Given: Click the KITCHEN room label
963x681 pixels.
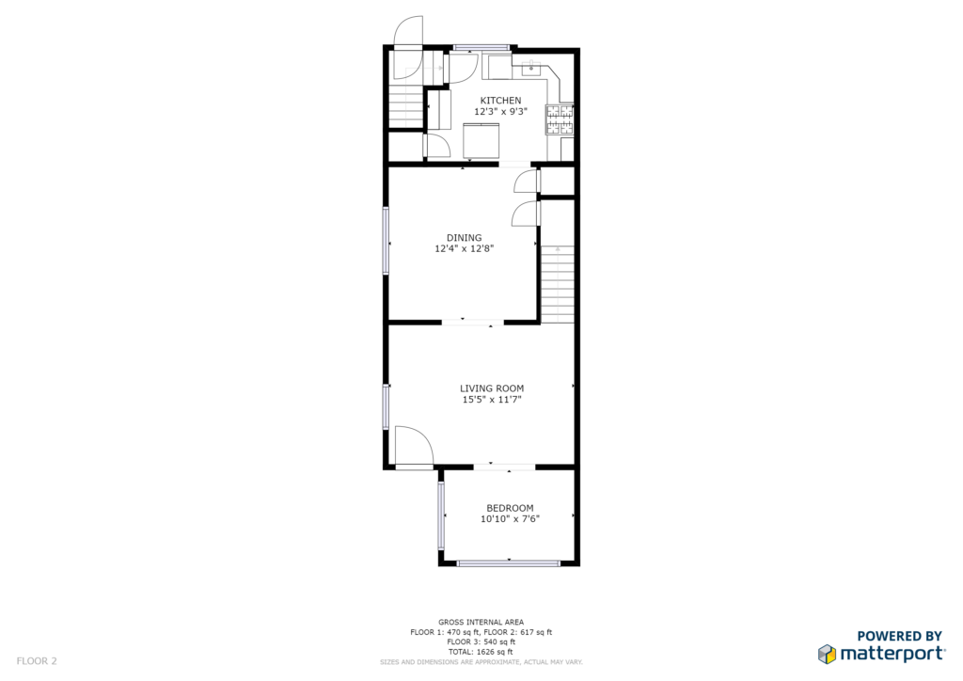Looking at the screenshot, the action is pos(500,100).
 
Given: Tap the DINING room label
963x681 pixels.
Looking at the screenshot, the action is pos(465,238).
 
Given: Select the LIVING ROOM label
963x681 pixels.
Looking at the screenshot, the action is pos(492,388).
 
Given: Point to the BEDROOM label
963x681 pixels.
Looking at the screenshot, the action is pos(510,508).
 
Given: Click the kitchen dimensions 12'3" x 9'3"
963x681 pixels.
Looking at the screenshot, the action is pos(500,112).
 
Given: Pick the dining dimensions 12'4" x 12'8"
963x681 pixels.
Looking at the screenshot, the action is pos(465,248).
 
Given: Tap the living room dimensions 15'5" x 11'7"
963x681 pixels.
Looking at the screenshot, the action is pos(492,399).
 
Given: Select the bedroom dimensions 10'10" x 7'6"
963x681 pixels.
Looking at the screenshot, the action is pos(510,519).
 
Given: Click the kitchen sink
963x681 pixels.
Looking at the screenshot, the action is pos(530,68).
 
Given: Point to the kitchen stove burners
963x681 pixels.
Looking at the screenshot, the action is pos(560,119).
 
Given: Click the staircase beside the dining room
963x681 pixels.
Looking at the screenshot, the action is pos(558,284).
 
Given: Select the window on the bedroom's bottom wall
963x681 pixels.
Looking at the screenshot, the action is pos(509,562).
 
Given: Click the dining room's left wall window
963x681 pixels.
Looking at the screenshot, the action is pos(387,240).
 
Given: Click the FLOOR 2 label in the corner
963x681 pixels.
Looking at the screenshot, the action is pos(37,661).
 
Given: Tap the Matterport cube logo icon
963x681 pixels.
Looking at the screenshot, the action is pos(827,654).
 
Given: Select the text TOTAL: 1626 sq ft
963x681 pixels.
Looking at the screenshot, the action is pos(481,652).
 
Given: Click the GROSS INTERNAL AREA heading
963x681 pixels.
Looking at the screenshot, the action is pos(481,622).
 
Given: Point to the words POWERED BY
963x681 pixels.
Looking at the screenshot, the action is pos(899,636).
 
